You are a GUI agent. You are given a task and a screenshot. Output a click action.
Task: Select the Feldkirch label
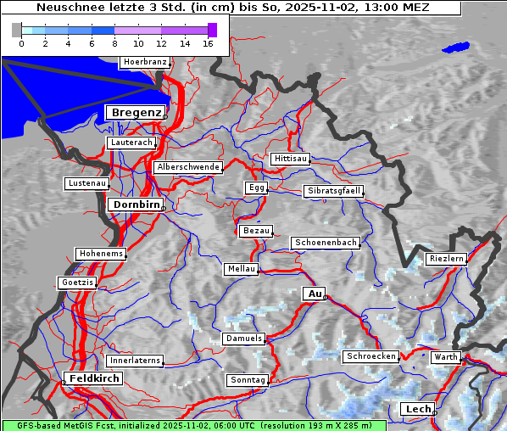point(93,378)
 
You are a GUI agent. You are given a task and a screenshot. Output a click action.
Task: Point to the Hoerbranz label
point(145,62)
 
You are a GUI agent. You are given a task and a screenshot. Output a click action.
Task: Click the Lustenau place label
point(86,183)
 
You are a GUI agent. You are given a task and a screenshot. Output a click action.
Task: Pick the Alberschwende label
point(188,167)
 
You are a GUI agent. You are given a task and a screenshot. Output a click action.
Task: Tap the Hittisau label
point(290,159)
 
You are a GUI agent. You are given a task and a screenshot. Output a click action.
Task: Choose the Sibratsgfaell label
point(334,191)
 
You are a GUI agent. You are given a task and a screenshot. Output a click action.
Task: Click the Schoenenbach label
point(326,243)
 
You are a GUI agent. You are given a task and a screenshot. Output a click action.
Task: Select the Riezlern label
point(446,258)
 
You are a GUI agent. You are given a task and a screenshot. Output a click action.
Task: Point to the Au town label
point(314,294)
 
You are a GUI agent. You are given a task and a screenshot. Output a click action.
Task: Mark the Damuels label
point(245,339)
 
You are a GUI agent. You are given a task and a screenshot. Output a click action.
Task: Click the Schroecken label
point(371,356)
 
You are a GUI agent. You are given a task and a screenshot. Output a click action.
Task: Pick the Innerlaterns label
point(135,361)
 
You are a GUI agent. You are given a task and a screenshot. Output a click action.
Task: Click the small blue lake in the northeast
point(455,48)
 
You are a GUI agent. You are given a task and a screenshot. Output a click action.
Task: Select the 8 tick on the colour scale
point(114,43)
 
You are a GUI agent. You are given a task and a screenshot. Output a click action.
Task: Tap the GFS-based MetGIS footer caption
point(193,425)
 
